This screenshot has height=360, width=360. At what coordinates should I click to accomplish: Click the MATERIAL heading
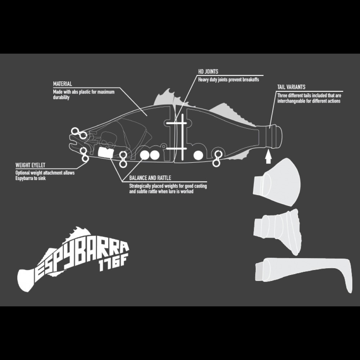pyautogui.click(x=62, y=84)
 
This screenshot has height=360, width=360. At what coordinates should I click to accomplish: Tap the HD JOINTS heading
pyautogui.click(x=208, y=72)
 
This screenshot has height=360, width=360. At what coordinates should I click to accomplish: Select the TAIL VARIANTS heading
pyautogui.click(x=291, y=87)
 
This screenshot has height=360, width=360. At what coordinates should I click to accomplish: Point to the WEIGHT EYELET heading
pyautogui.click(x=30, y=165)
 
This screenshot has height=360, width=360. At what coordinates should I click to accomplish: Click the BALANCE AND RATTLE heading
pyautogui.click(x=150, y=178)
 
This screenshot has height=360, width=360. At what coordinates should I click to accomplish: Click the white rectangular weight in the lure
pyautogui.click(x=105, y=153)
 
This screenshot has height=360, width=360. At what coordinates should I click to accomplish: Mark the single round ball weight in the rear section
pyautogui.click(x=198, y=156)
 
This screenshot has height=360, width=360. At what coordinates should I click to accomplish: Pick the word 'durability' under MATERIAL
pyautogui.click(x=61, y=97)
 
